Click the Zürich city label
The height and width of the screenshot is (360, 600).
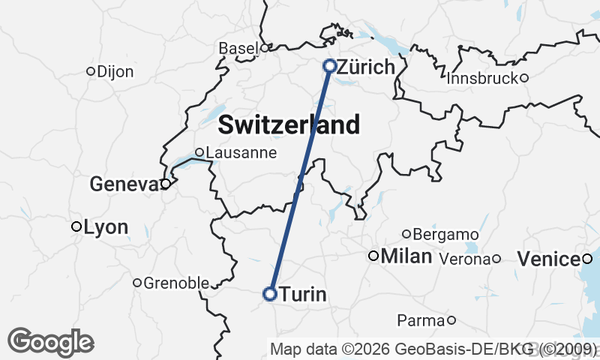click(366, 67)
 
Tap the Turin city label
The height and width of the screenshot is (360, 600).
click(303, 295)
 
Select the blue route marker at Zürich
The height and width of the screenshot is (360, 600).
click(329, 66)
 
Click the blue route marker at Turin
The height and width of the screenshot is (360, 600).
click(270, 294)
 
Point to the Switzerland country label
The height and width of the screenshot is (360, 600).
click(289, 124)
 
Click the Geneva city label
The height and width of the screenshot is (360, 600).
click(124, 184)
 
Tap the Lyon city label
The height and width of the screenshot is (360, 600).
click(106, 226)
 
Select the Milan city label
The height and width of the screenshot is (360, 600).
click(406, 256)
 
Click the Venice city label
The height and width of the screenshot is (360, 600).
click(549, 259)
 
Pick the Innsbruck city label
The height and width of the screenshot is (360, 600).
click(482, 78)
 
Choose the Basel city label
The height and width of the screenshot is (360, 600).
click(238, 48)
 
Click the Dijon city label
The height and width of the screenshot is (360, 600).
click(115, 72)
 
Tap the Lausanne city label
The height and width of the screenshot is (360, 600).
click(241, 153)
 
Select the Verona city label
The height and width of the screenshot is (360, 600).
click(464, 259)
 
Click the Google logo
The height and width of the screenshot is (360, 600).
click(50, 342)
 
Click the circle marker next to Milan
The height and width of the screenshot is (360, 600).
click(373, 256)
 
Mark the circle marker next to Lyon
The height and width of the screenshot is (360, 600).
click(76, 226)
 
